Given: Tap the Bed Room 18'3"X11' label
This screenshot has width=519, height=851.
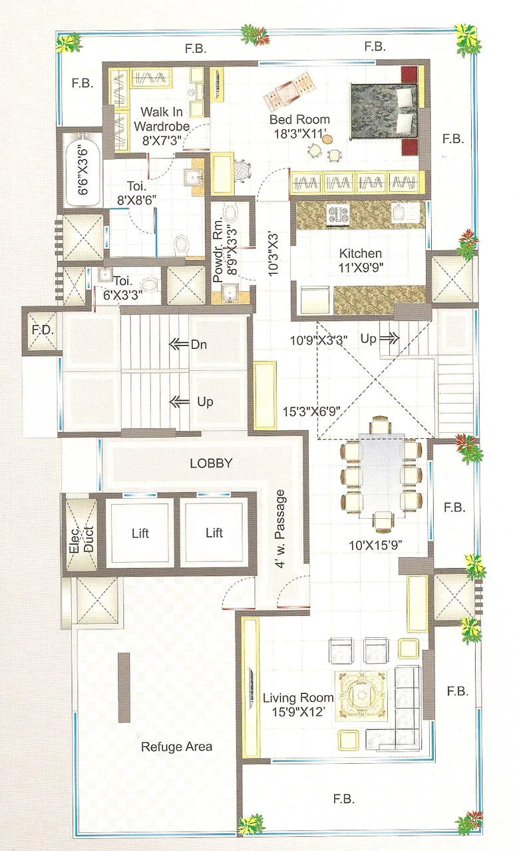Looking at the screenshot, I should (299, 127).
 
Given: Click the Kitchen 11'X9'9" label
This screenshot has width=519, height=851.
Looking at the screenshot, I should (361, 260).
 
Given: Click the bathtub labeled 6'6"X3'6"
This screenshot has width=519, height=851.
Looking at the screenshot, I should (83, 170).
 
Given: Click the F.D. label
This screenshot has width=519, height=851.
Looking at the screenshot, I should (43, 331).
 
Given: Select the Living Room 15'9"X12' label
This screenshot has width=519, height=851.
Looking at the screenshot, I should (297, 705).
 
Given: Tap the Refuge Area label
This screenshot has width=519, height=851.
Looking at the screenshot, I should (176, 746).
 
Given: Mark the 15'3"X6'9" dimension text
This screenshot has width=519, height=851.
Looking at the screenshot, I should (311, 411).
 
